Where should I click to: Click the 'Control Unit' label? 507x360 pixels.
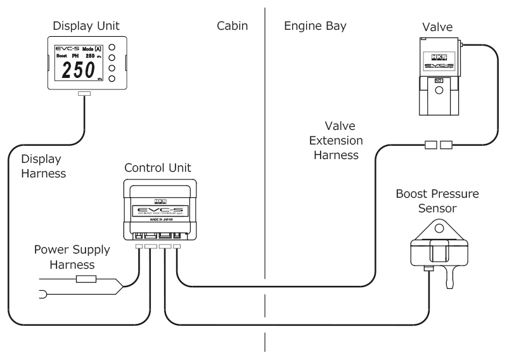158,169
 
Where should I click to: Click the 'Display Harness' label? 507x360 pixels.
43,165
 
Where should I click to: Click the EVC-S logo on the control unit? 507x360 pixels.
159,210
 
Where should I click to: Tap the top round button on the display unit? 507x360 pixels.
112,46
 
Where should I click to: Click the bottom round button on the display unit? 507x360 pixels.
112,79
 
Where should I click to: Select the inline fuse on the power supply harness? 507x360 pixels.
86,278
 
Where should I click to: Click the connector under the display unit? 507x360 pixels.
84,94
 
